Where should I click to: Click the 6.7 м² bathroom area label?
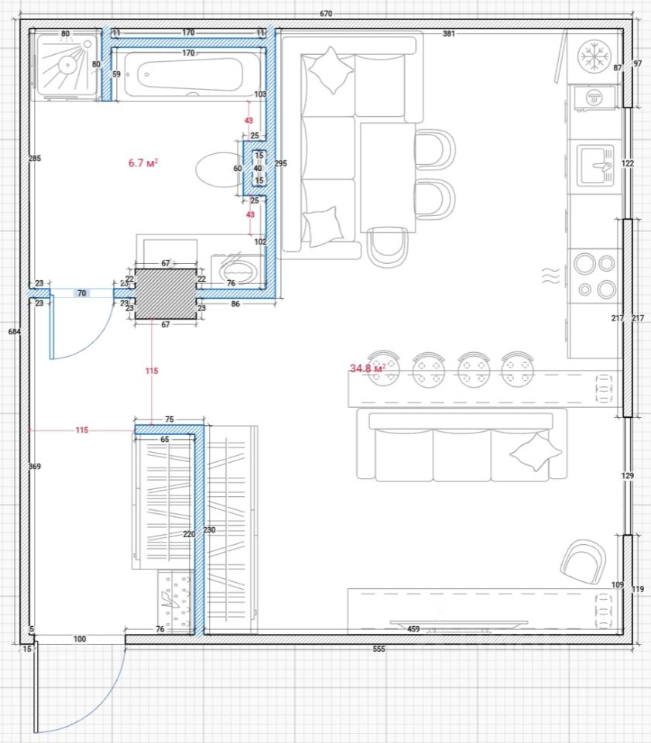click(143, 163)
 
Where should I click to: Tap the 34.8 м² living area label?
click(367, 368)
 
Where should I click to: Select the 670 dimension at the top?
click(326, 14)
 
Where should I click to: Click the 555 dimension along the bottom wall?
click(379, 649)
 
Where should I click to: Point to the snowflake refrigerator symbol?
click(594, 56)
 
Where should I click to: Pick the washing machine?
click(237, 271)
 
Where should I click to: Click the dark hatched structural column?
click(166, 294)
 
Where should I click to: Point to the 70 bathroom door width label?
click(81, 293)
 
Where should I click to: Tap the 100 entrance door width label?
click(80, 639)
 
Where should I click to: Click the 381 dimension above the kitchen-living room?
click(449, 33)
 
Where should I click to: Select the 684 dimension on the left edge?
click(14, 332)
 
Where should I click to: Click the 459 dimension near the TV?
click(413, 628)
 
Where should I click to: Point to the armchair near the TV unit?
click(583, 561)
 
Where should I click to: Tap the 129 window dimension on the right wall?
click(627, 475)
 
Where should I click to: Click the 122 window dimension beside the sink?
click(627, 163)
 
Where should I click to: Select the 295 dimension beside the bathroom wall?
click(280, 163)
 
